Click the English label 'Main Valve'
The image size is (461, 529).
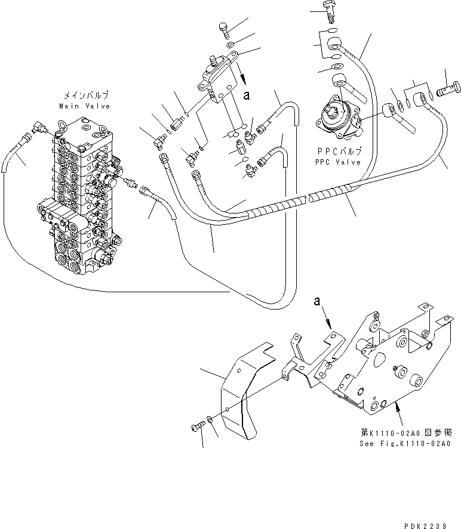click(84, 106)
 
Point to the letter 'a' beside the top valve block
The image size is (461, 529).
click(245, 94)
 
